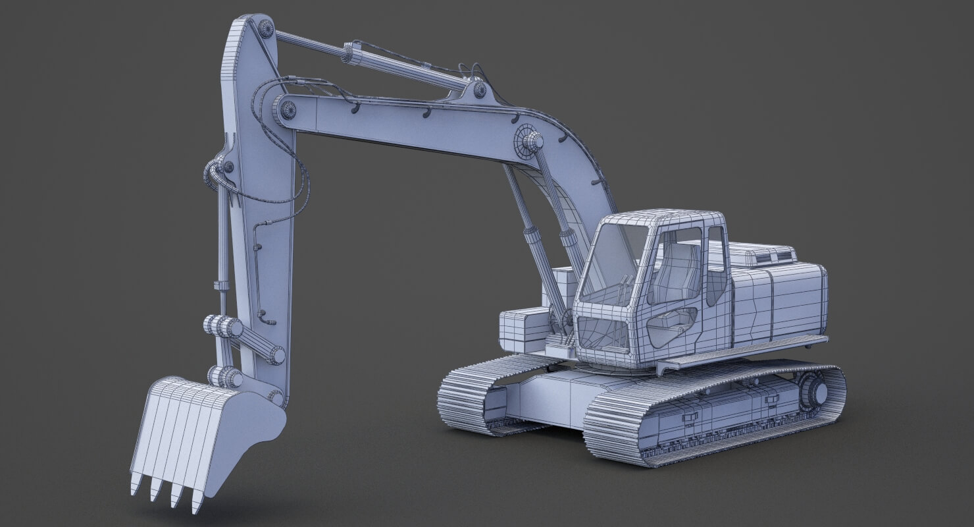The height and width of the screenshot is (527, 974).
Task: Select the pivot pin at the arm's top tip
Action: click(x=266, y=28)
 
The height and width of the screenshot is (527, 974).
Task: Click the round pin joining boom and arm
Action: click(x=288, y=109)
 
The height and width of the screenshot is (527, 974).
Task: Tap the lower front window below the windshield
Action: click(x=602, y=332)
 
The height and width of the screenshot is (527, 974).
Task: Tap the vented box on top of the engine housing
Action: click(x=763, y=254)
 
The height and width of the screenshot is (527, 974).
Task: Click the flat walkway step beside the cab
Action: click(x=744, y=352)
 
